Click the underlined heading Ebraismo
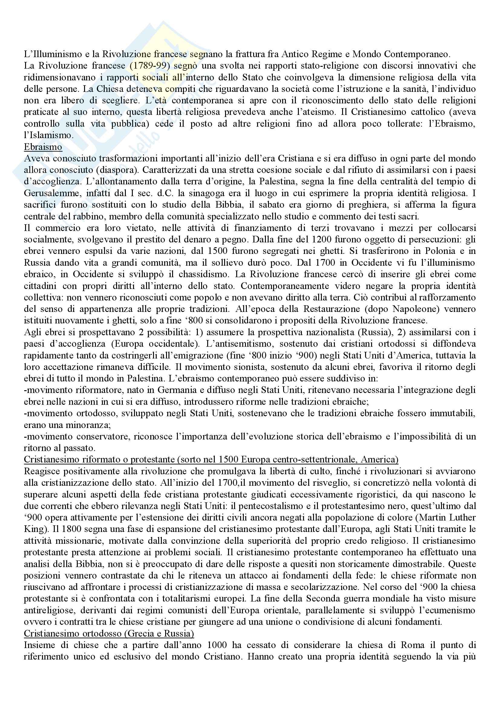point(43,147)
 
